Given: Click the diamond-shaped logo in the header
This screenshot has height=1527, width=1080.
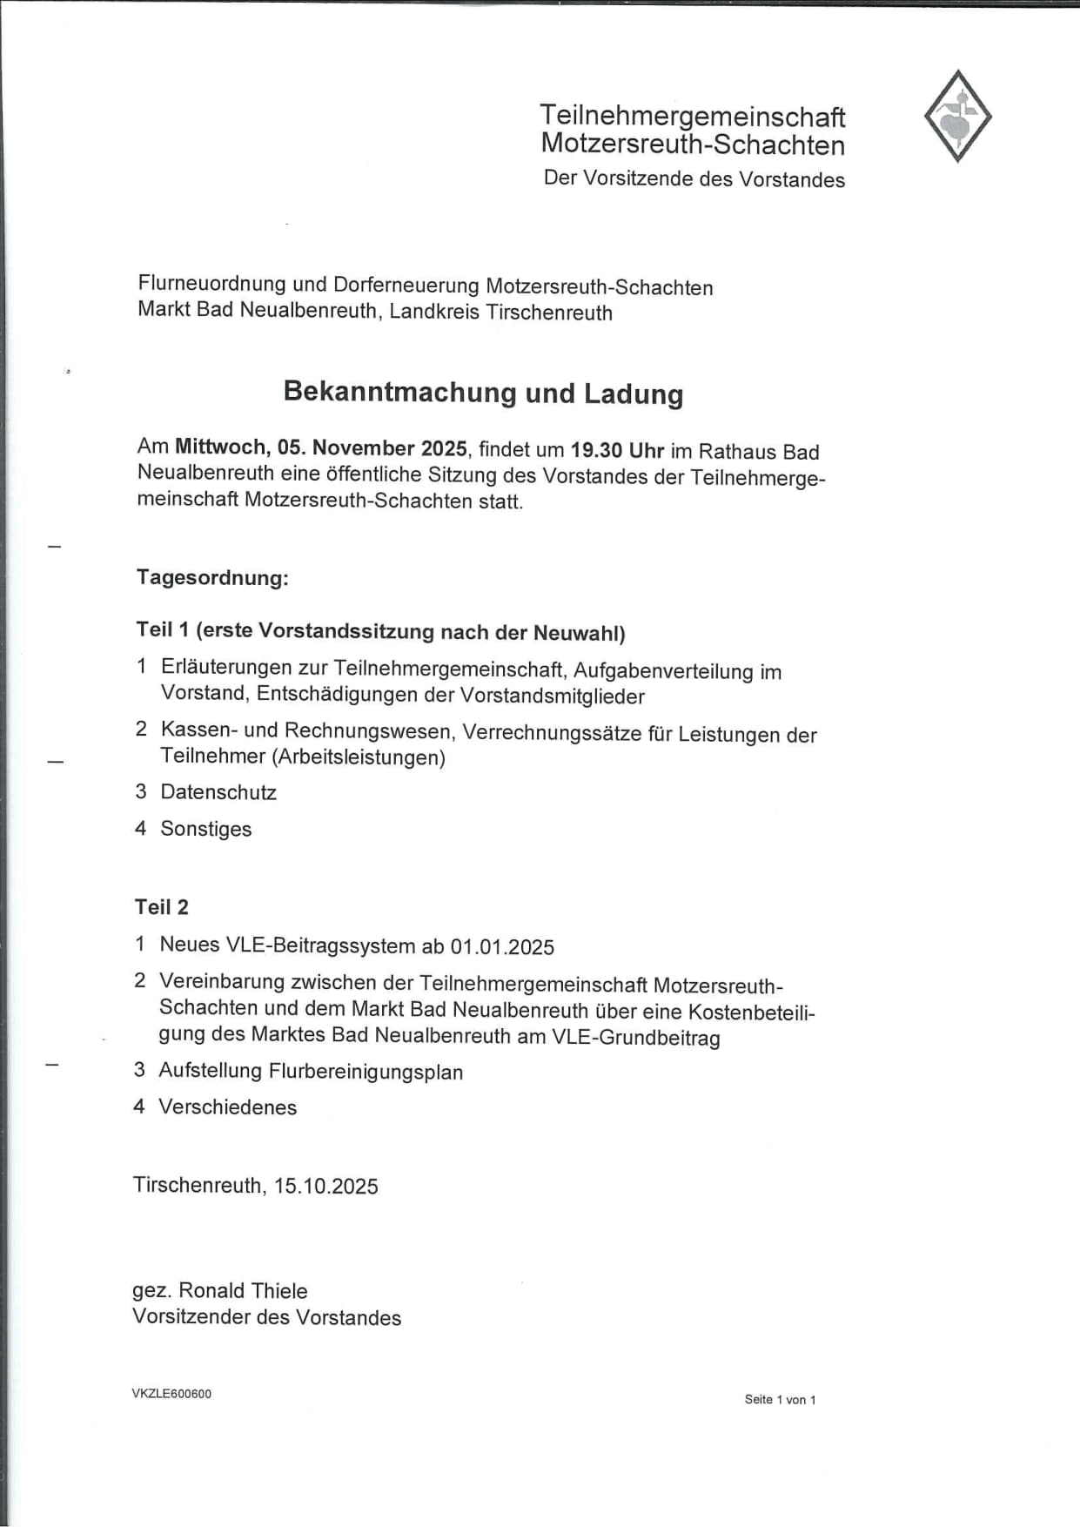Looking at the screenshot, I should click(x=957, y=117).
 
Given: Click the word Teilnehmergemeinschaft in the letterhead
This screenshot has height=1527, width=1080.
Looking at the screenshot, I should click(x=692, y=116).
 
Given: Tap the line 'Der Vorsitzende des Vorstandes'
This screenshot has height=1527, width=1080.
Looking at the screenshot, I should click(x=694, y=179).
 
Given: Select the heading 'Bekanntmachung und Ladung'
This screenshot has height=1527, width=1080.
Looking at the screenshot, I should click(x=483, y=393).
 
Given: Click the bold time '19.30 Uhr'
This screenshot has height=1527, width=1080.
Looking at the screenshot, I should click(x=617, y=451).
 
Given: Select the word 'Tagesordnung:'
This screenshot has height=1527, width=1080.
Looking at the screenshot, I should click(x=212, y=578).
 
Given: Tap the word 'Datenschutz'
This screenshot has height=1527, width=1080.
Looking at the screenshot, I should click(x=218, y=792).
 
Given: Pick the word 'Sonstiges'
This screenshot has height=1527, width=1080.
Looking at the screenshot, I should click(x=206, y=829).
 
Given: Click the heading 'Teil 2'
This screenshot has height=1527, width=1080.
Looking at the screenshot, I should click(x=161, y=907).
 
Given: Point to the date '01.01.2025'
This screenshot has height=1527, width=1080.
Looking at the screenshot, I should click(x=502, y=947).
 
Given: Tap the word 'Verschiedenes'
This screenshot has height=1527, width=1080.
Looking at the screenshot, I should click(x=227, y=1107).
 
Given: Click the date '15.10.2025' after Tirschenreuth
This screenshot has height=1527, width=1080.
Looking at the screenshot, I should click(x=326, y=1187).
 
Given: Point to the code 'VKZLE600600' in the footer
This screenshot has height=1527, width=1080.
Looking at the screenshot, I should click(x=171, y=1394).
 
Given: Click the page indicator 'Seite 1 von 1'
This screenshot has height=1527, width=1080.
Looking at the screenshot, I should click(x=780, y=1400).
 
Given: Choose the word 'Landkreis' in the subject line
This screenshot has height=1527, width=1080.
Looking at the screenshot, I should click(x=434, y=313).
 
